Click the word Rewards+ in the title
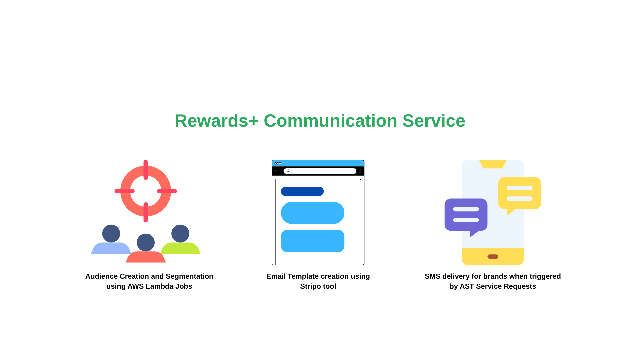217,121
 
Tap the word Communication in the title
330,121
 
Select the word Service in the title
434,121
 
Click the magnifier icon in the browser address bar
288,171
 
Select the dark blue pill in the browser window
302,191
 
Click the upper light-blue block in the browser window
313,213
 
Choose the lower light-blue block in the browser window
313,241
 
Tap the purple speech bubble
466,217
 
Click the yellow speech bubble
520,195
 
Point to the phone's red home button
493,257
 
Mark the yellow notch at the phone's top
493,164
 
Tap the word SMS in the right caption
433,276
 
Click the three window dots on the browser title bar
278,163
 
